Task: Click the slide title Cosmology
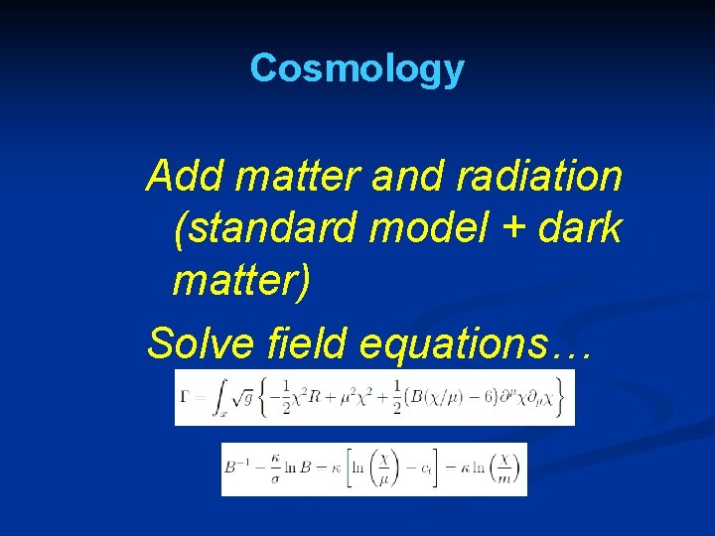357,68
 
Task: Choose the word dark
580,229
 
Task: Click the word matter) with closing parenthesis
241,281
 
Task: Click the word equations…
477,343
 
